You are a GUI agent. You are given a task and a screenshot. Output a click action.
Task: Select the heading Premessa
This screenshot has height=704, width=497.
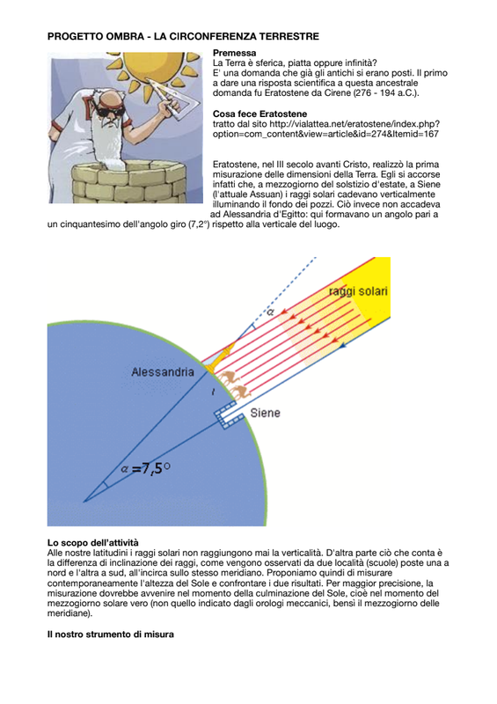tap(234, 53)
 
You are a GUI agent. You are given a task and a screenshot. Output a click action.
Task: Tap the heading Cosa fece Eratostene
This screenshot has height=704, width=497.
tap(260, 114)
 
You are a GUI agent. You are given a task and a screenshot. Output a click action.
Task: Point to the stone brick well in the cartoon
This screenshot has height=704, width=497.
tap(129, 183)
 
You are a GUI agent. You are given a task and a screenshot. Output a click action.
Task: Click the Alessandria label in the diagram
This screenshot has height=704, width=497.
tap(163, 372)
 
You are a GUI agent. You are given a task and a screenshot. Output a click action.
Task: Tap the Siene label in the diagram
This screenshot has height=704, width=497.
tap(266, 413)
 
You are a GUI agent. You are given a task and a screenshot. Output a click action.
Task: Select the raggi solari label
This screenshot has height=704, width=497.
tap(358, 291)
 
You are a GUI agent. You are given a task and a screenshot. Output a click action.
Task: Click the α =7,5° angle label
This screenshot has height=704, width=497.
tap(146, 468)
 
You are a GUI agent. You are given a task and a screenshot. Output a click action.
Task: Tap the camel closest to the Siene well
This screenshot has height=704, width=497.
tap(241, 392)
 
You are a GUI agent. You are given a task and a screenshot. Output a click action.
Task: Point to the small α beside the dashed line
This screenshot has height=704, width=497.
tap(270, 312)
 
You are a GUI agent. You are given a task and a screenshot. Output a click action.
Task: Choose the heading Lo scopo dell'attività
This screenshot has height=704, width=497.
tap(93, 543)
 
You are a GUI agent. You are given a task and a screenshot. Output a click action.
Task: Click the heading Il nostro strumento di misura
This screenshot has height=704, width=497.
tap(111, 634)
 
